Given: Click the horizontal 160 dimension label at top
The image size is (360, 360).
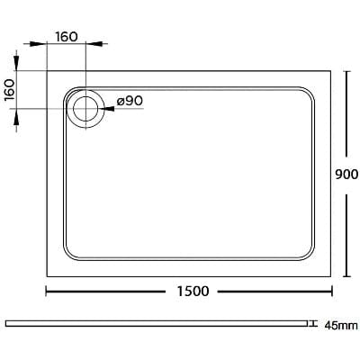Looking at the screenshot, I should (66, 37).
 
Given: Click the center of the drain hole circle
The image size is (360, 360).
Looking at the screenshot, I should (86, 109).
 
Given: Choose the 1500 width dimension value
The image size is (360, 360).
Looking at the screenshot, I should (193, 291).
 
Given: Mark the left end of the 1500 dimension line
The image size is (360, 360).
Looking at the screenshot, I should (47, 291).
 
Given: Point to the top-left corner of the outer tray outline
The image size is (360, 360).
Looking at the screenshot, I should (47, 72).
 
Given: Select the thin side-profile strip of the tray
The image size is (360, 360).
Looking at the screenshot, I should (157, 323).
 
